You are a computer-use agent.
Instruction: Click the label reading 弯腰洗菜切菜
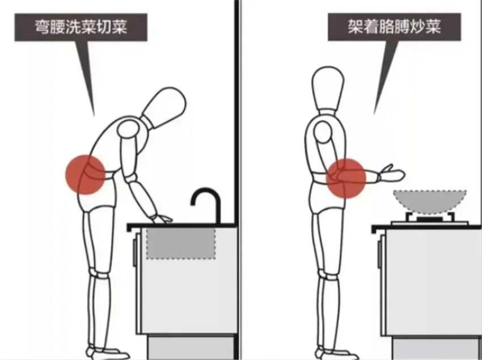pyautogui.click(x=81, y=27)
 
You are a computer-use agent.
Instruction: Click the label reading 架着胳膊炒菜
pyautogui.click(x=395, y=27)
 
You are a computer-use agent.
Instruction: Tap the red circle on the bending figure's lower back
pyautogui.click(x=86, y=175)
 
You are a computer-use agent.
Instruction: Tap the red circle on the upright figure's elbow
pyautogui.click(x=346, y=179)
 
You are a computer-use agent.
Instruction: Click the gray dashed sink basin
pyautogui.click(x=180, y=243)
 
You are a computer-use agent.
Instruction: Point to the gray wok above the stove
pyautogui.click(x=430, y=201)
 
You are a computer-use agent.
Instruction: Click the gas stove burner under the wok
pyautogui.click(x=430, y=219)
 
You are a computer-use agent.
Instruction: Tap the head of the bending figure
pyautogui.click(x=165, y=106)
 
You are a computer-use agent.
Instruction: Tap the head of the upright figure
pyautogui.click(x=328, y=87)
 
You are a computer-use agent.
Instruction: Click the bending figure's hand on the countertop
pyautogui.click(x=162, y=219)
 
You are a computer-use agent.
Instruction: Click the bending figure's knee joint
pyautogui.click(x=99, y=274)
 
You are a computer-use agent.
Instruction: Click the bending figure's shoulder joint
pyautogui.click(x=129, y=129)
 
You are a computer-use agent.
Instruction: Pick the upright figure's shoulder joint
pyautogui.click(x=322, y=132)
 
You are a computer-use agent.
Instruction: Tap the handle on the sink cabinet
pyautogui.click(x=134, y=252)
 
